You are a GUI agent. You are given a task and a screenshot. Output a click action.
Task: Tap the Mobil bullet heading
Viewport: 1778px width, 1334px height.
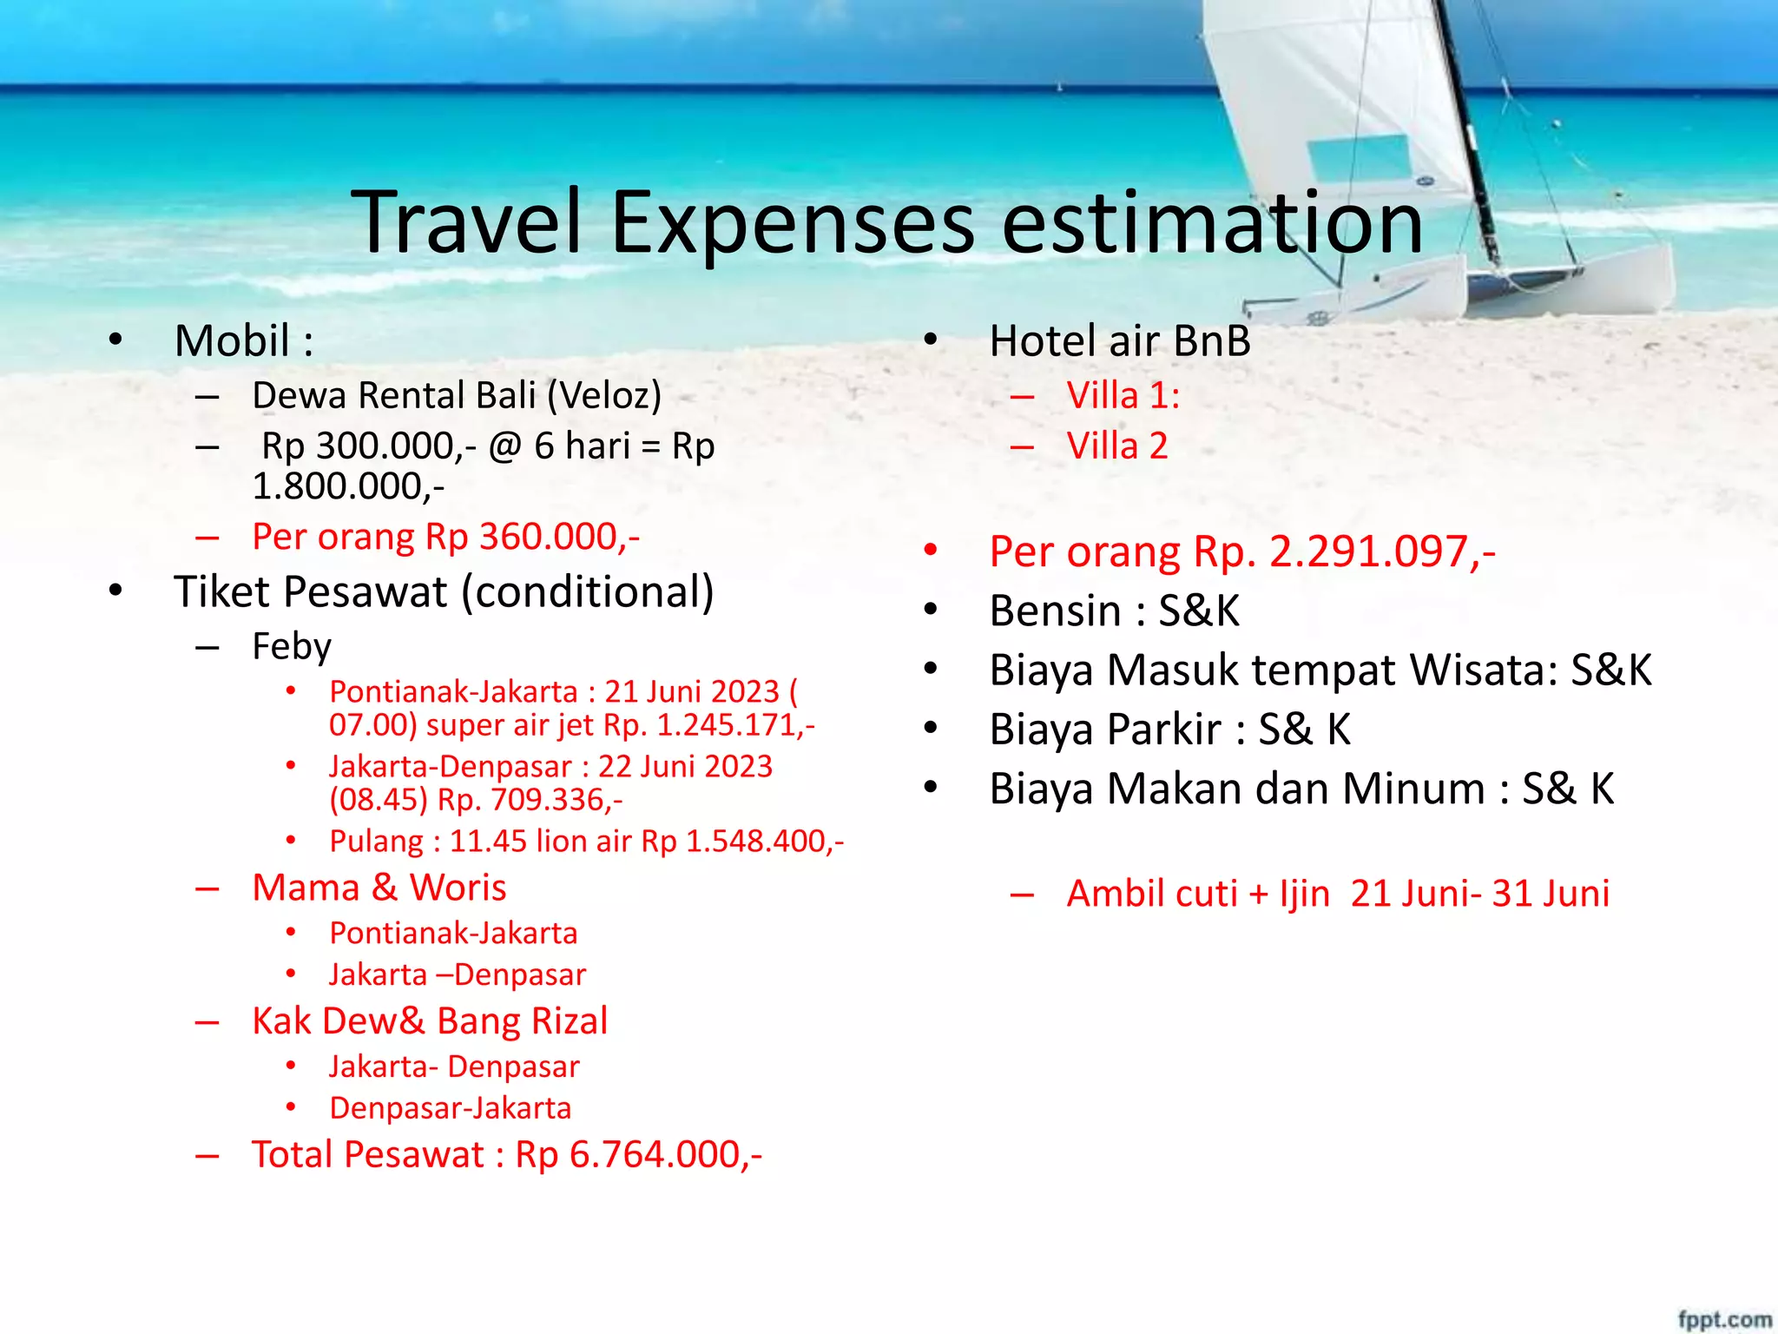click(x=243, y=340)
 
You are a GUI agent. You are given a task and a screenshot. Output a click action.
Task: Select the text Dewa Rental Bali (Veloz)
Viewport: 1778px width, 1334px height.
click(x=457, y=396)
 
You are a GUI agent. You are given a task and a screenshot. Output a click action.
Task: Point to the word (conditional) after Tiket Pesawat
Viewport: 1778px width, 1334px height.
click(x=588, y=592)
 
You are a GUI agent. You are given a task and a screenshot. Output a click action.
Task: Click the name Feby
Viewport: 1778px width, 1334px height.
click(x=292, y=647)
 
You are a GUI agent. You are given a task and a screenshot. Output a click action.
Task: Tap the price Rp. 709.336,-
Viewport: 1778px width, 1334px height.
click(x=530, y=800)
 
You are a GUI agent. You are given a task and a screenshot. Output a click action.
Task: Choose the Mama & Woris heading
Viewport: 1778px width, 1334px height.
click(x=379, y=888)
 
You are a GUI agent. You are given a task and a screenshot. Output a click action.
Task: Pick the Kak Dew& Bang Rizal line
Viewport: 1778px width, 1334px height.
click(x=430, y=1021)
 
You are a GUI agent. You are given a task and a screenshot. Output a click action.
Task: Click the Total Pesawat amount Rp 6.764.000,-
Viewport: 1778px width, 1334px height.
click(x=639, y=1155)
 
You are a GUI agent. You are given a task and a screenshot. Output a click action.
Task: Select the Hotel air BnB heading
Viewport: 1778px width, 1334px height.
click(x=1120, y=340)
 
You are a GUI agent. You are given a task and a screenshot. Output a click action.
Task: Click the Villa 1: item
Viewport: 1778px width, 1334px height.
click(x=1123, y=396)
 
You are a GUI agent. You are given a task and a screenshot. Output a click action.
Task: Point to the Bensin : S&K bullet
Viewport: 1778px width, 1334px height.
click(x=1115, y=611)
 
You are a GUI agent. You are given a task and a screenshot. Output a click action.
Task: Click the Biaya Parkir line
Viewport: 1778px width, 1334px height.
click(x=1169, y=730)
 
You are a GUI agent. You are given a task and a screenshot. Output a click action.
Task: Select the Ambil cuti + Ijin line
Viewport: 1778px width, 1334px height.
click(x=1338, y=894)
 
